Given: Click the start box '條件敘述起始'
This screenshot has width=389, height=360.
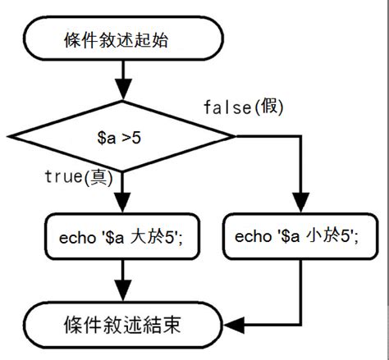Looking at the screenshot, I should click(x=121, y=39).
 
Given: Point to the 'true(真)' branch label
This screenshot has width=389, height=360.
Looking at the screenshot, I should click(x=78, y=176).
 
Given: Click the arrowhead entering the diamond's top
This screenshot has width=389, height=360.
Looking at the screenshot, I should click(x=122, y=90).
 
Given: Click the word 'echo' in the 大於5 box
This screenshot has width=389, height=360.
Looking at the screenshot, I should click(x=71, y=238).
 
